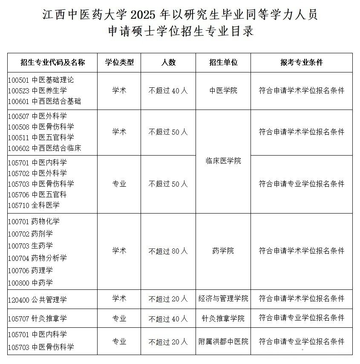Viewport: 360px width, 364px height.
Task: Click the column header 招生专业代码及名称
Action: tap(53, 63)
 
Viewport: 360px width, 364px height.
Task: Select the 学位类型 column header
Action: tap(119, 63)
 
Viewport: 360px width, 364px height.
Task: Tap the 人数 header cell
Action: tap(168, 63)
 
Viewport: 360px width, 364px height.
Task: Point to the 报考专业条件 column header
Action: tap(302, 63)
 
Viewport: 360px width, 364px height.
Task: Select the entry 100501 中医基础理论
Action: tap(41, 80)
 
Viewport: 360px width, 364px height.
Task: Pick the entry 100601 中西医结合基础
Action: tap(45, 101)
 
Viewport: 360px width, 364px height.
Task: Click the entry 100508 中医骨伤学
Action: tap(41, 127)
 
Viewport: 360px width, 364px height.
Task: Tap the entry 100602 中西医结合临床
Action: tap(45, 148)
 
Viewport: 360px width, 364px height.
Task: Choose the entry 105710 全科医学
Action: tap(34, 205)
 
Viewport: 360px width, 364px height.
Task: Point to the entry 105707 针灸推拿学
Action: tap(37, 319)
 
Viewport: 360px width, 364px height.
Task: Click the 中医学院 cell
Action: tap(223, 91)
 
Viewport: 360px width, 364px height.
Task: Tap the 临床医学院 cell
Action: tap(223, 161)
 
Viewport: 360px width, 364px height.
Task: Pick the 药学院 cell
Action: tap(223, 251)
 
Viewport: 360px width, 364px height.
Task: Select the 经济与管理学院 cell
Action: tap(223, 298)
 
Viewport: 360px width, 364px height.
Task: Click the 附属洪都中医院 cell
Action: tap(223, 342)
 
